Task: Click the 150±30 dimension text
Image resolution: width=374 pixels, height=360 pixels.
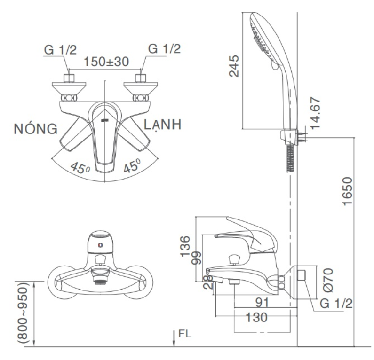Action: point(106,62)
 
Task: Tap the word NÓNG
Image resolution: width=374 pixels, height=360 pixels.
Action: point(36,128)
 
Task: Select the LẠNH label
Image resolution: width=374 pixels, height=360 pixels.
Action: point(162,125)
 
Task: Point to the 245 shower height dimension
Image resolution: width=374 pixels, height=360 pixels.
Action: point(234,66)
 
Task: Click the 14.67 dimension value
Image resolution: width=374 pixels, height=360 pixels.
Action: point(315,113)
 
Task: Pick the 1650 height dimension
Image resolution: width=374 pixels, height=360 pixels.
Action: point(347,191)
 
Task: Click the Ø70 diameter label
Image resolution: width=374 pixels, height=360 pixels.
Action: point(328,280)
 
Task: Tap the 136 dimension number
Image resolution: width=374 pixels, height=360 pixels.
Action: point(185,246)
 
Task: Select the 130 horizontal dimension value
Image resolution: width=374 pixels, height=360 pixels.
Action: point(256,317)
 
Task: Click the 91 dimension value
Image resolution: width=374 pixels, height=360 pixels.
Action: point(262,303)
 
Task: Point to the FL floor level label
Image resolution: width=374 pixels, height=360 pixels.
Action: point(185,334)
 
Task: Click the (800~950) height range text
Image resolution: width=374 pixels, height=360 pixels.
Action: point(23,313)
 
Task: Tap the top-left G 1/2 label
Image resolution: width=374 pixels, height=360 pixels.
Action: point(60,50)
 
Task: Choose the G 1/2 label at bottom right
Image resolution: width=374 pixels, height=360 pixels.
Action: point(336,304)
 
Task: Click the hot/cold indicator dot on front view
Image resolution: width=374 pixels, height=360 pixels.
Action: point(101,245)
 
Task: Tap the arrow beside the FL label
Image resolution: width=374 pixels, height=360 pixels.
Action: point(174,338)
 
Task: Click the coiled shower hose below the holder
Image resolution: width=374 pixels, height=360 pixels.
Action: point(290,158)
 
